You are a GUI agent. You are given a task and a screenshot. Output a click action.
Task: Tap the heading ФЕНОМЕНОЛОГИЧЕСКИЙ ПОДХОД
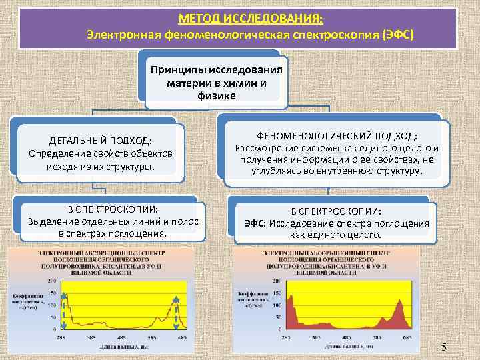[x=333, y=135]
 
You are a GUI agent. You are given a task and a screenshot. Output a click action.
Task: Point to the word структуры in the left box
[x=129, y=167]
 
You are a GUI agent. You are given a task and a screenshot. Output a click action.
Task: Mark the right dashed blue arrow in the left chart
[x=177, y=312]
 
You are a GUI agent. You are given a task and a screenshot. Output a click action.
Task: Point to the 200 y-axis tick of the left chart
[x=51, y=281]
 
